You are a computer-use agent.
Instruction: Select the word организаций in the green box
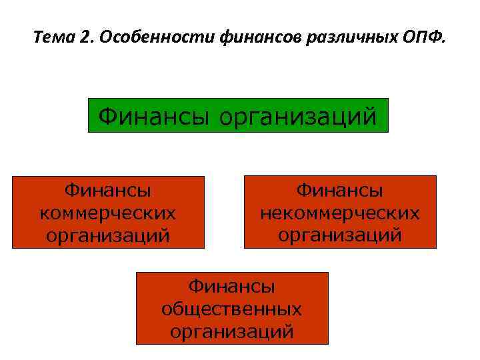pyautogui.click(x=298, y=115)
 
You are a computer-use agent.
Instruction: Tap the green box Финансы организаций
pyautogui.click(x=238, y=115)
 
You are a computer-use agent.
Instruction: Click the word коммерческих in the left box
pyautogui.click(x=108, y=213)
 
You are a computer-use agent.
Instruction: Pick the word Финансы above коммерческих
pyautogui.click(x=108, y=191)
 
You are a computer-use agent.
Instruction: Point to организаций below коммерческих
pyautogui.click(x=108, y=235)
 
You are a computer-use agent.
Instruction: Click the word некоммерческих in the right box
pyautogui.click(x=340, y=213)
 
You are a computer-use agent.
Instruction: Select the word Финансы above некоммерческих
pyautogui.click(x=340, y=191)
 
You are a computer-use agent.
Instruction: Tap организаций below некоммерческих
pyautogui.click(x=340, y=235)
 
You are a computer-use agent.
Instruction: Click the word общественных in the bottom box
pyautogui.click(x=232, y=309)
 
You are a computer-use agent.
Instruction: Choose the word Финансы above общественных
pyautogui.click(x=232, y=287)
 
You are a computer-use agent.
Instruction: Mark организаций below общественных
pyautogui.click(x=232, y=331)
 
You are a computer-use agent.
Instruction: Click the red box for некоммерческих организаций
pyautogui.click(x=340, y=212)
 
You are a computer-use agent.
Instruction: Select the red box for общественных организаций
pyautogui.click(x=232, y=308)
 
